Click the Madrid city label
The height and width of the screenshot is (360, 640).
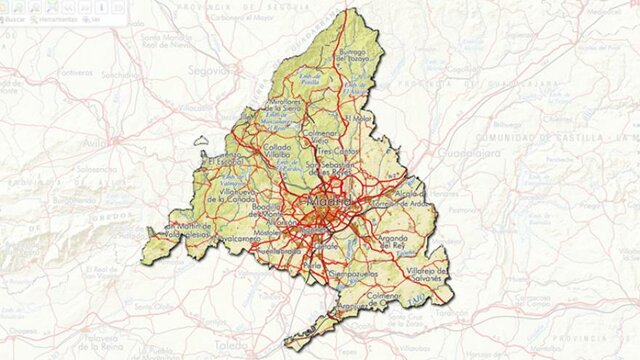point(333,202)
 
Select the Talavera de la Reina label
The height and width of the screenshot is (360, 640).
point(105,345)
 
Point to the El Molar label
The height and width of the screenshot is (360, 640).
point(358,119)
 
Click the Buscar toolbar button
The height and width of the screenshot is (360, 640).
point(14,18)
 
